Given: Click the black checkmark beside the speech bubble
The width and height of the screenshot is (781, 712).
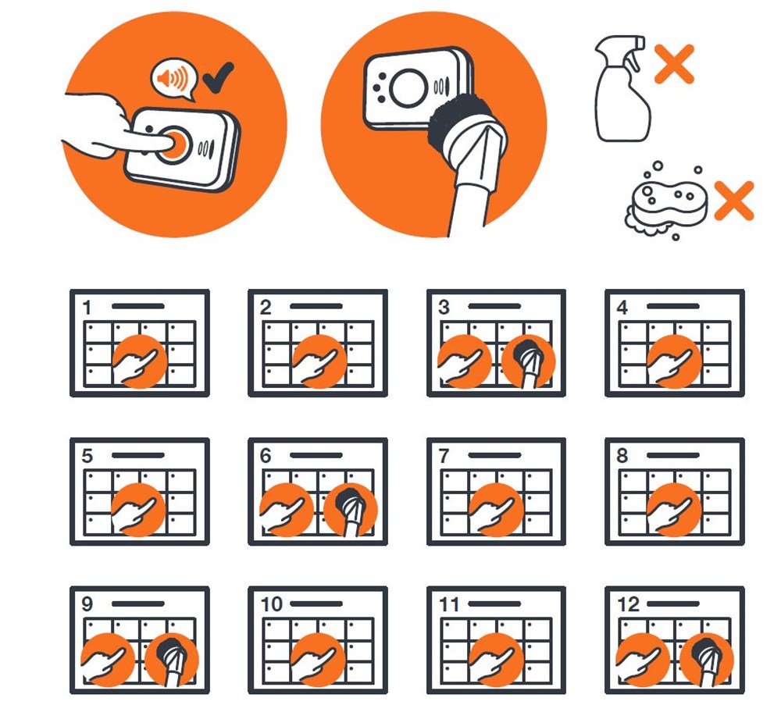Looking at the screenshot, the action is point(218,77).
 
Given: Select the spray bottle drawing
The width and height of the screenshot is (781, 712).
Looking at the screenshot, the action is point(622,88).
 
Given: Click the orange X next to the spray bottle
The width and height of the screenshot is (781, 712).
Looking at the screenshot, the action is point(674,63).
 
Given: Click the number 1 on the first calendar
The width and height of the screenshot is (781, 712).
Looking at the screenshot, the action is point(87,308).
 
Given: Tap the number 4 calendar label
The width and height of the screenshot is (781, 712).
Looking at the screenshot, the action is point(622,308).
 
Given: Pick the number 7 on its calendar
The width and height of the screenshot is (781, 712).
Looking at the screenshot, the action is point(444,456).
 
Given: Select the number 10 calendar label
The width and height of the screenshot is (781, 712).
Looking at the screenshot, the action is point(272,604).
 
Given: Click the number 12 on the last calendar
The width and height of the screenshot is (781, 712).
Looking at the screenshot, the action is point(628,604).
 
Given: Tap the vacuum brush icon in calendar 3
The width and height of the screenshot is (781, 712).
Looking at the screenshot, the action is point(528,361).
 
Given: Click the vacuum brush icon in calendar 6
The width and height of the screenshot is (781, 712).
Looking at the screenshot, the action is point(351,510).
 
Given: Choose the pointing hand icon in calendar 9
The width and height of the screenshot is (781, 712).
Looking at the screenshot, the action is point(108,660).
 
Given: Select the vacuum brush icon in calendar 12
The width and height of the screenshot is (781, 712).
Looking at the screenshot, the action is point(707,660).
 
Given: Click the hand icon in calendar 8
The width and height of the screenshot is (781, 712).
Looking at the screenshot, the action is point(675,510).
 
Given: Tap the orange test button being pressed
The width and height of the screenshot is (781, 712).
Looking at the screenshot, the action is point(173,144).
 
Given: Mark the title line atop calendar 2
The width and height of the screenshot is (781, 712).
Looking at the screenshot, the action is point(316,306).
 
